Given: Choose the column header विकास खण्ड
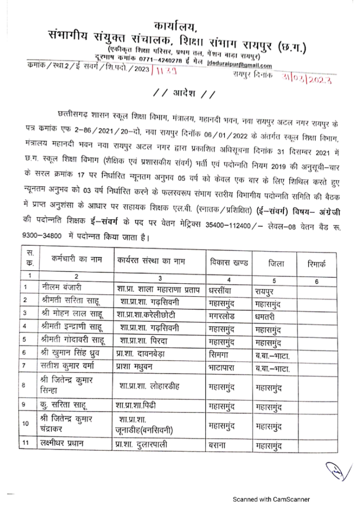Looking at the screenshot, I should pos(229,262).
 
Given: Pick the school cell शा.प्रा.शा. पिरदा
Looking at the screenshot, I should pos(152,340).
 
